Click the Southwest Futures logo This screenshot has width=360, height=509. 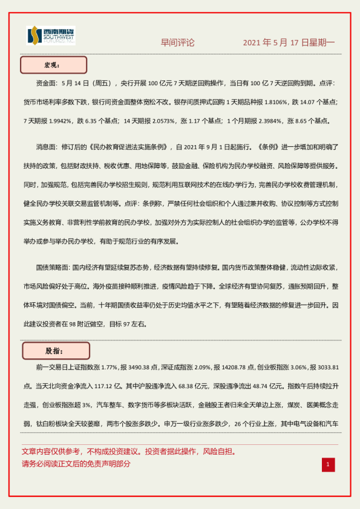tap(51, 37)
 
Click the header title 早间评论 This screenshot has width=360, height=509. tap(177, 43)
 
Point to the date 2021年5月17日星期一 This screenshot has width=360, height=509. tap(289, 43)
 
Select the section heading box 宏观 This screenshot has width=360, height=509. tap(54, 65)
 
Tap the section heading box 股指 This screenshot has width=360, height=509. tap(56, 351)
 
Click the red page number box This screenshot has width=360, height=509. tap(327, 464)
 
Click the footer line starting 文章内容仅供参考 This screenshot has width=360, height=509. tap(128, 452)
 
